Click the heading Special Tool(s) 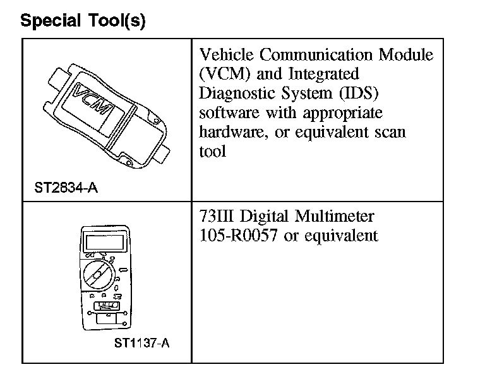pos(83,21)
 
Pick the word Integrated pos(321,74)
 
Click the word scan pos(392,133)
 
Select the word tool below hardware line pos(212,152)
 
